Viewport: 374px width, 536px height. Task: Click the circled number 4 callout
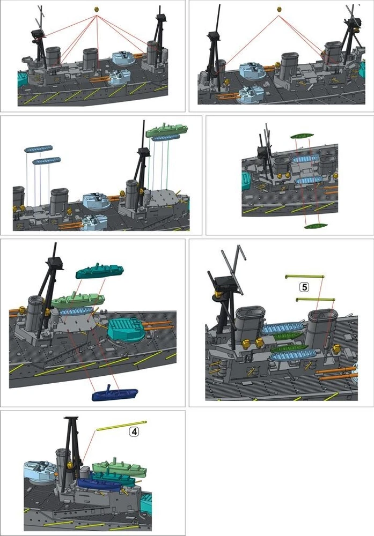click(134, 431)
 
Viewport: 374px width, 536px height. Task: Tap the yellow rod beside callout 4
click(121, 426)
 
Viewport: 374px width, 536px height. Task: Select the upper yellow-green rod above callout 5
click(305, 277)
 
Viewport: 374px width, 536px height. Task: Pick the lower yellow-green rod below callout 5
click(315, 300)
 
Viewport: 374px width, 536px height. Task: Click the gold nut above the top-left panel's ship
click(97, 10)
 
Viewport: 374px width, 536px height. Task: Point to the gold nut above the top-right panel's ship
click(279, 9)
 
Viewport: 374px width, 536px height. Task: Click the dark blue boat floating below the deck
click(115, 393)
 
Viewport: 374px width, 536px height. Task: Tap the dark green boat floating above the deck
click(302, 136)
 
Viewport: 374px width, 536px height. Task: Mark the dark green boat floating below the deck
click(316, 226)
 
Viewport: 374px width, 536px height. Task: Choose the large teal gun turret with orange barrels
click(127, 330)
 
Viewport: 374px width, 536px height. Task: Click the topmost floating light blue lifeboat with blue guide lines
click(39, 148)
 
